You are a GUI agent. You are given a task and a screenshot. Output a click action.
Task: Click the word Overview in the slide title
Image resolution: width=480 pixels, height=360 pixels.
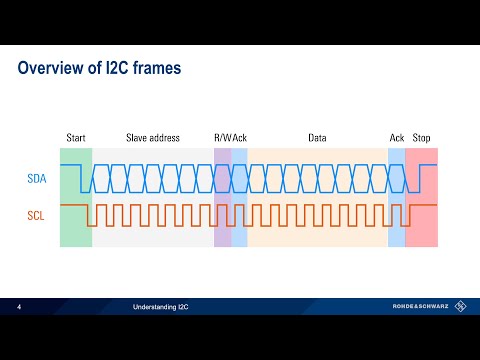53,69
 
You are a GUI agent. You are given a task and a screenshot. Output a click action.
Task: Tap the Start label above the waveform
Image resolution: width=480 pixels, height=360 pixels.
76,137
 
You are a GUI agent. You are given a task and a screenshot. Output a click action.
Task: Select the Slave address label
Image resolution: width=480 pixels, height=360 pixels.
153,137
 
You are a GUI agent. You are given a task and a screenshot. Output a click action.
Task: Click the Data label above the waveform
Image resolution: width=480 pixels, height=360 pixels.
317,137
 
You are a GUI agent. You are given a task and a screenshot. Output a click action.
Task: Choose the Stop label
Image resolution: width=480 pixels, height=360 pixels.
422,137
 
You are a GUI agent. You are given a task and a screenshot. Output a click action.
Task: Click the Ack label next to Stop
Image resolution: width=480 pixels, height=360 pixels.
396,137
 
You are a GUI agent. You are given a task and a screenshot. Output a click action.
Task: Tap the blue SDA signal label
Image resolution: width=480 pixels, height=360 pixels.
36,180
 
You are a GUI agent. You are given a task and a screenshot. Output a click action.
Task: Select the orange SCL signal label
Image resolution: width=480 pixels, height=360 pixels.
36,215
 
